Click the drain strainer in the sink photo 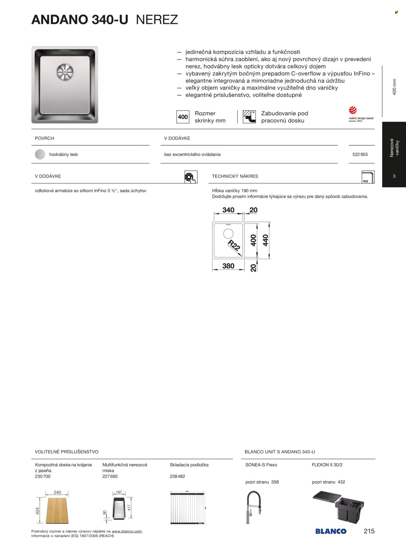click(65, 71)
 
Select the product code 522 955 click(360, 155)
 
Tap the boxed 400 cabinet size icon click(183, 117)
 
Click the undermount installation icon click(249, 117)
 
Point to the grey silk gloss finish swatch click(40, 154)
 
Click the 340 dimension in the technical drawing click(228, 210)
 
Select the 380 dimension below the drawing click(228, 266)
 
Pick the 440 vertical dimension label click(265, 240)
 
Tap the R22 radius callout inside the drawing click(234, 245)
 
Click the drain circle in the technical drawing click(228, 233)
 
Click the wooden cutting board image click(57, 510)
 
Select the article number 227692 click(110, 476)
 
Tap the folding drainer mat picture click(187, 507)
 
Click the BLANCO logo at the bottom click(331, 531)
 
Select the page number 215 click(369, 531)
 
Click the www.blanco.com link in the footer click(127, 531)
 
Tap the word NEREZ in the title click(157, 20)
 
